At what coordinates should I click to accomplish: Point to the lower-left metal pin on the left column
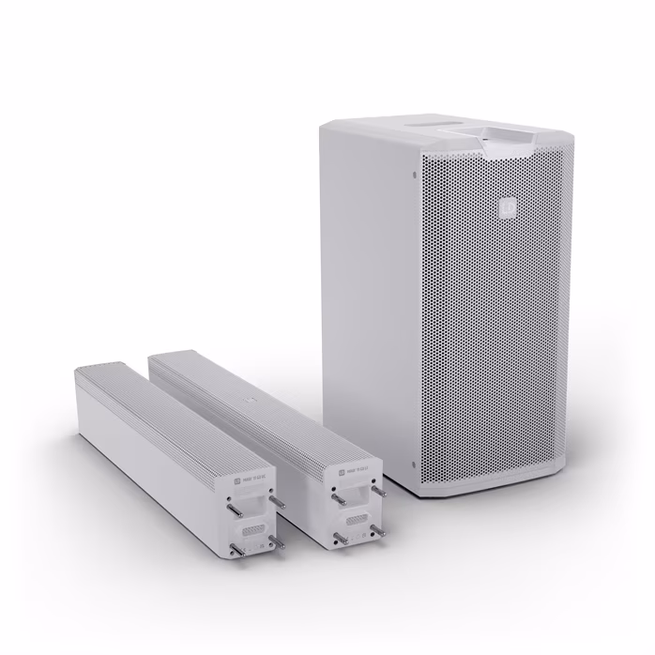pyautogui.click(x=230, y=558)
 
